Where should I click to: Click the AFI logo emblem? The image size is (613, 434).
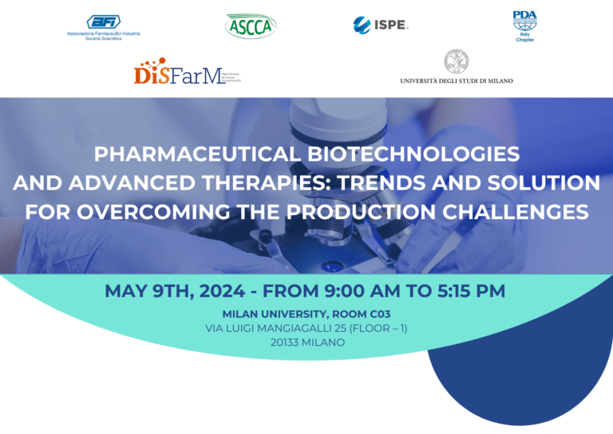[x=103, y=22]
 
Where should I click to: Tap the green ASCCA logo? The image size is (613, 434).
[x=251, y=26]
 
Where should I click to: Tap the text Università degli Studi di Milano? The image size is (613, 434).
[x=456, y=81]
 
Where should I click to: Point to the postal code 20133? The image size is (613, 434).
[x=288, y=342]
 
